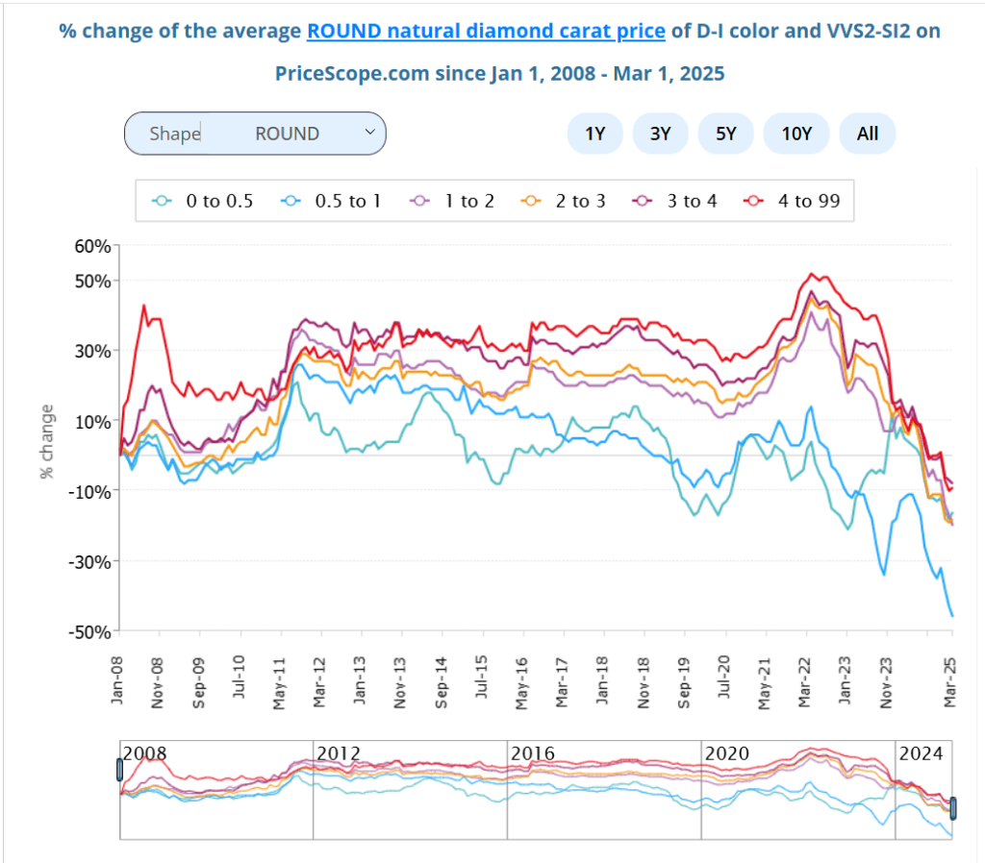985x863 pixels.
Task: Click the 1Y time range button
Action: pyautogui.click(x=594, y=134)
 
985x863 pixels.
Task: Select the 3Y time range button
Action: pyautogui.click(x=660, y=134)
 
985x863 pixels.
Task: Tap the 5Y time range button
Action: pyautogui.click(x=726, y=134)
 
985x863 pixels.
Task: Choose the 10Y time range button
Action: pyautogui.click(x=796, y=134)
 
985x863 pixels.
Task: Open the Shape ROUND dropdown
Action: pyautogui.click(x=255, y=134)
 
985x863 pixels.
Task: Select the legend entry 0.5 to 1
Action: pyautogui.click(x=333, y=201)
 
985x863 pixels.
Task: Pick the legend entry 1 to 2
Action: pyautogui.click(x=453, y=201)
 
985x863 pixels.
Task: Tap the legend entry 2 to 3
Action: pyautogui.click(x=566, y=201)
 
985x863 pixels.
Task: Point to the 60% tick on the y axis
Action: pyautogui.click(x=93, y=246)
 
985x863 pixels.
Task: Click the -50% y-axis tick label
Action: pyautogui.click(x=91, y=631)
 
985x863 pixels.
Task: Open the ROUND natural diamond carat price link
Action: pyautogui.click(x=486, y=31)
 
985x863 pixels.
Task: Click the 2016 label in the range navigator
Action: pyautogui.click(x=533, y=752)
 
